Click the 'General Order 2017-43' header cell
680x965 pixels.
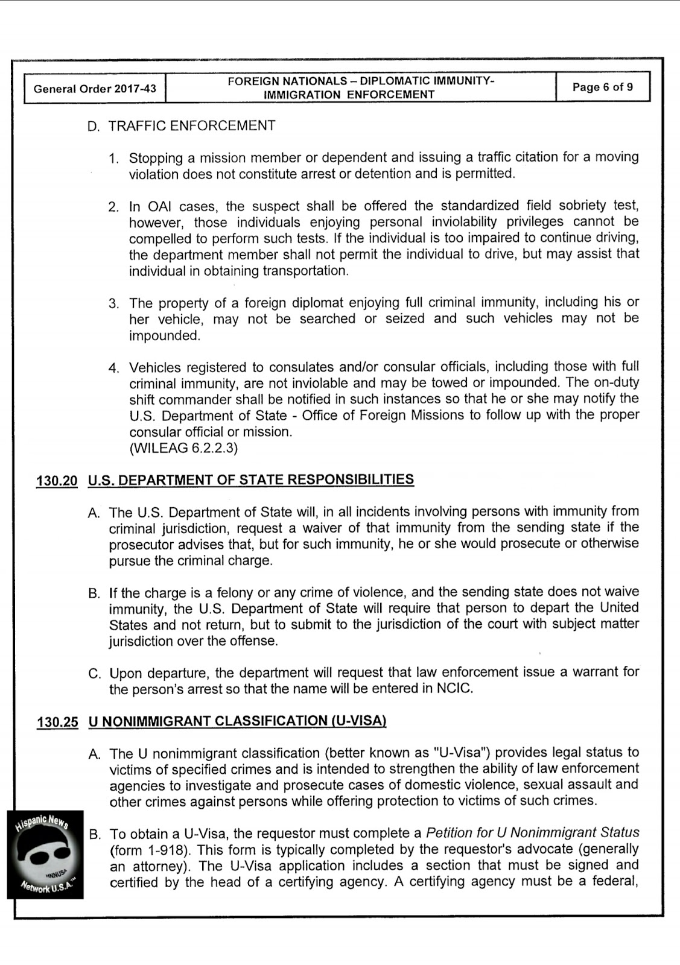click(x=95, y=89)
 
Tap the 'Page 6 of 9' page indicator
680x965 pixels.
click(x=602, y=87)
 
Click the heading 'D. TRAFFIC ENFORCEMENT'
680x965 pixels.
click(x=181, y=125)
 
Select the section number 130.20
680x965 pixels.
click(x=57, y=481)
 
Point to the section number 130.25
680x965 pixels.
click(x=57, y=722)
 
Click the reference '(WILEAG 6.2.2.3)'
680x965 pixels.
click(x=183, y=448)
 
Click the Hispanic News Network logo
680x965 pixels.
click(x=45, y=854)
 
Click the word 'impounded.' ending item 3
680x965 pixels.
click(x=164, y=335)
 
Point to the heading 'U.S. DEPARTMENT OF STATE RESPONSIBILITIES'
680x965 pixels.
click(x=251, y=479)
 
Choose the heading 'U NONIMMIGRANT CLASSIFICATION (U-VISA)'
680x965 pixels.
click(x=237, y=721)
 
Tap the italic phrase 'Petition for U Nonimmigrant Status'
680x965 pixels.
click(x=532, y=833)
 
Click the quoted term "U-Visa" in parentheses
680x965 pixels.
click(x=460, y=753)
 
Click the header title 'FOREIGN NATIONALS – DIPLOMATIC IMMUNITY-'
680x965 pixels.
click(x=361, y=81)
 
